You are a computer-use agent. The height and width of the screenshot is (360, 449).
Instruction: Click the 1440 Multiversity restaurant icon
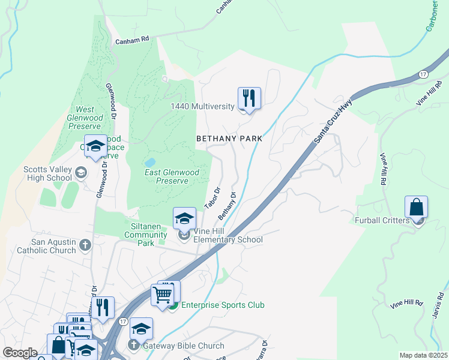coord(249,98)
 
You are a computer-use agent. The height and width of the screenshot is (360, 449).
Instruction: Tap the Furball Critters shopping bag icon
coord(416,207)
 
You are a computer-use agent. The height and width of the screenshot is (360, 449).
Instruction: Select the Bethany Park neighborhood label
coord(230,139)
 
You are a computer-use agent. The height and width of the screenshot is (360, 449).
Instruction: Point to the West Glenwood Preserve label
coord(85,118)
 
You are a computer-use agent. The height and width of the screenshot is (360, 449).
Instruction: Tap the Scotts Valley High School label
coord(47,173)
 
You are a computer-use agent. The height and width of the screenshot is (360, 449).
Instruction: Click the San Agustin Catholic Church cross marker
coord(85,245)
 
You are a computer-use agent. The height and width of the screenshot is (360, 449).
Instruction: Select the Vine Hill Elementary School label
coord(228,240)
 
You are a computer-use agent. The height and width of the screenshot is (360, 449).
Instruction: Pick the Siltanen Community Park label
coord(146,235)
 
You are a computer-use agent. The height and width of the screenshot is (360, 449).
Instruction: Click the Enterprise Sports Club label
coord(223,305)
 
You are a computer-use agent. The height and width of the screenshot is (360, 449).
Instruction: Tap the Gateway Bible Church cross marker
coord(133,346)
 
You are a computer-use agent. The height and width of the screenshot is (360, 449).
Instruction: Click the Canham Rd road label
coord(133,40)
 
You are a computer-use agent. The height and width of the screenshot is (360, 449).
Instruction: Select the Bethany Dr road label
coord(228,206)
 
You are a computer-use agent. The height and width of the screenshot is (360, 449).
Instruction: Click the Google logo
coord(20,353)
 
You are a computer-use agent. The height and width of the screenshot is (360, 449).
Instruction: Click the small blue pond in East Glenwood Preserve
coord(149,162)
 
